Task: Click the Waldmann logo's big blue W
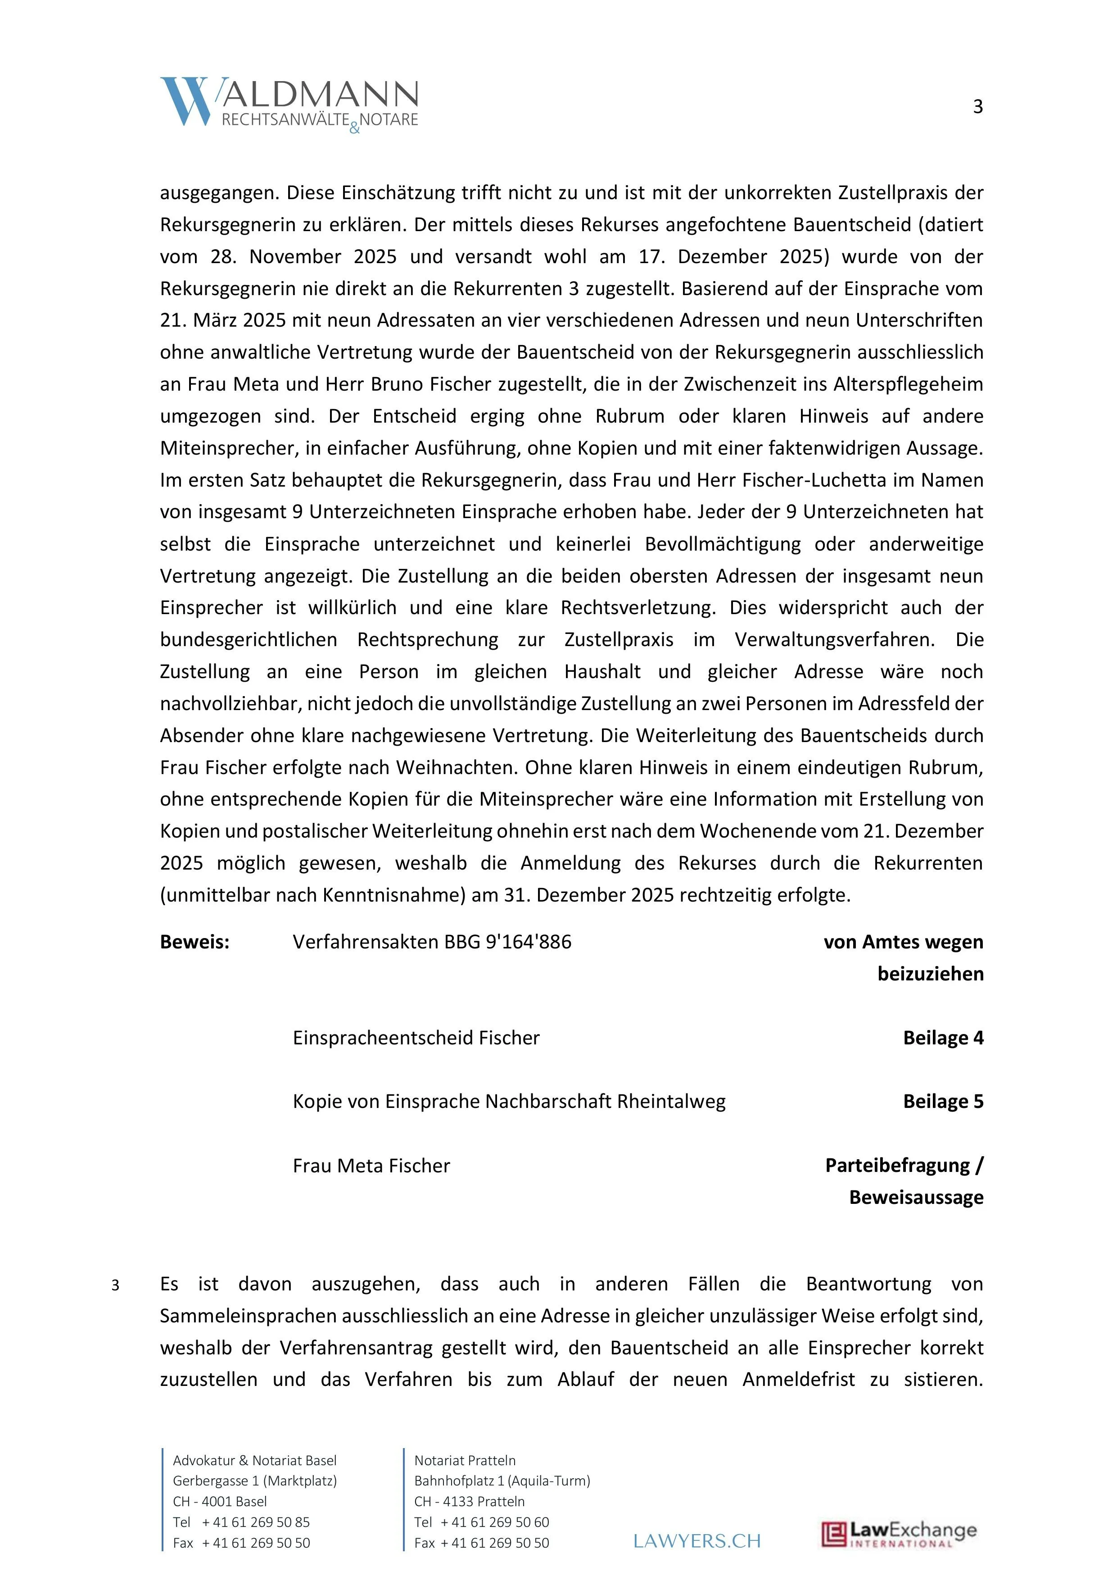pyautogui.click(x=185, y=101)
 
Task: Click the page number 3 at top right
pyautogui.click(x=977, y=107)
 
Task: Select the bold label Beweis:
pyautogui.click(x=194, y=942)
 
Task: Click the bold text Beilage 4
pyautogui.click(x=942, y=1038)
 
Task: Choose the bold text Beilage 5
pyautogui.click(x=942, y=1102)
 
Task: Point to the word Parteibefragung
pyautogui.click(x=897, y=1166)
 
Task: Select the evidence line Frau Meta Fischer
pyautogui.click(x=371, y=1166)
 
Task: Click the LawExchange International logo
pyautogui.click(x=898, y=1534)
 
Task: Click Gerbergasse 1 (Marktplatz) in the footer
pyautogui.click(x=255, y=1481)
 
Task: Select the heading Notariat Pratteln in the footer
pyautogui.click(x=465, y=1461)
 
